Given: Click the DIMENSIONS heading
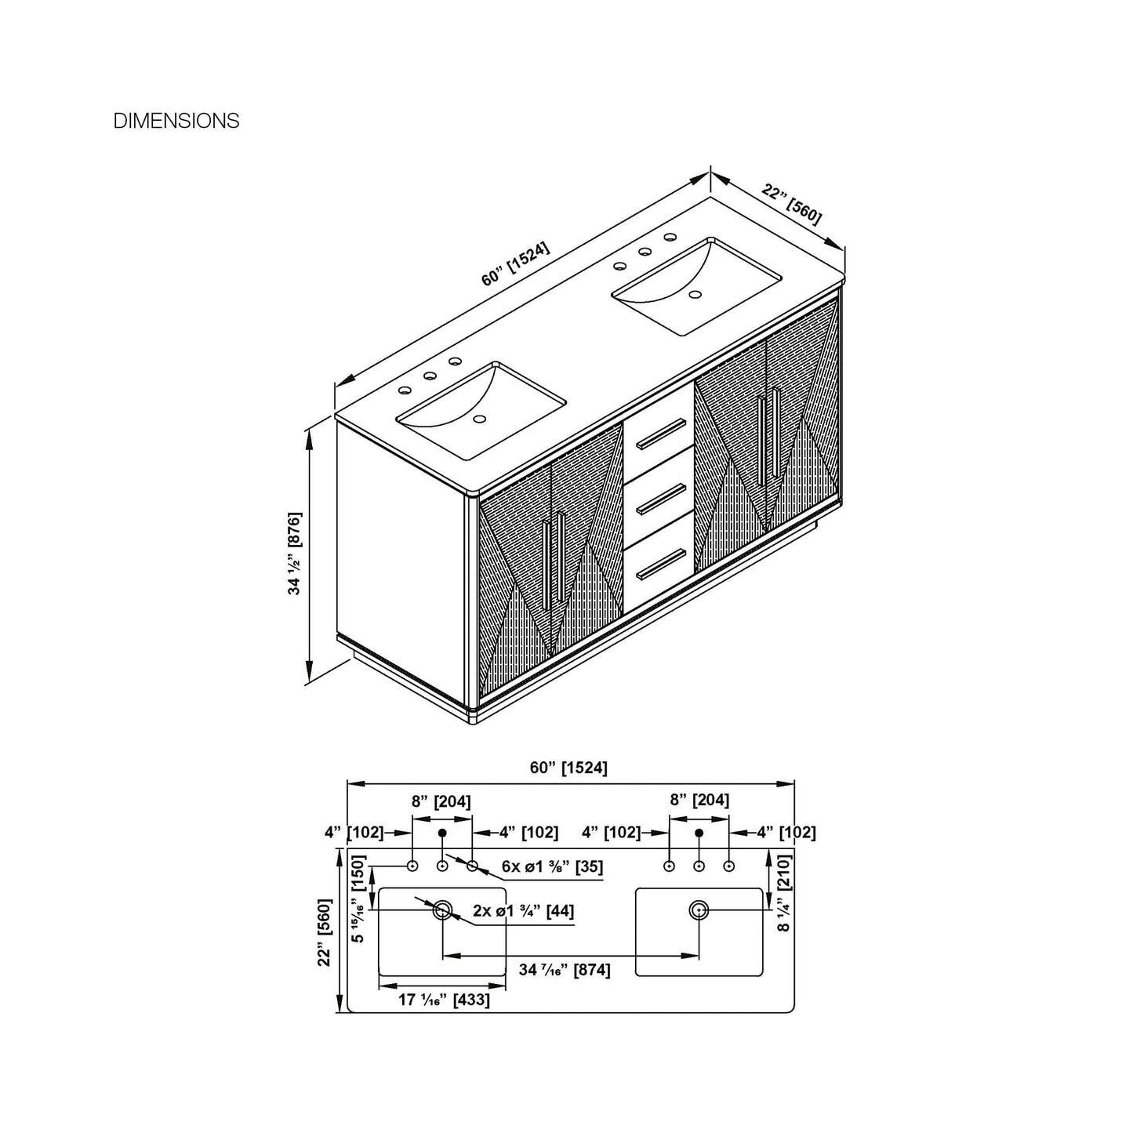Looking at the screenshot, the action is [x=176, y=121].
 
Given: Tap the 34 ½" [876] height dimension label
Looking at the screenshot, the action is [x=295, y=554].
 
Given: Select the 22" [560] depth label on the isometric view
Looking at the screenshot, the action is [x=791, y=204].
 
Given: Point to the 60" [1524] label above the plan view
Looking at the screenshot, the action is [x=568, y=768].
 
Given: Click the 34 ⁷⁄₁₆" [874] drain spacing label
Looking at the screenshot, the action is [x=565, y=970].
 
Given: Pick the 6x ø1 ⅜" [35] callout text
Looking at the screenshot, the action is [x=552, y=866].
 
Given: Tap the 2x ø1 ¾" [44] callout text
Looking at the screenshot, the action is [x=523, y=911].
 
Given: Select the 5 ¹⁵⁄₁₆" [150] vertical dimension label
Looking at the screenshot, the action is [x=358, y=899].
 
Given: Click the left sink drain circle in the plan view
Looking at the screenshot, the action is [x=442, y=910].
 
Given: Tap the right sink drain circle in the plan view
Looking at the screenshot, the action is [x=699, y=910].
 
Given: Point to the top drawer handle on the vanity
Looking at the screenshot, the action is [x=662, y=434].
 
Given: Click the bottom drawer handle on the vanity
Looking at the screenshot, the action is [x=662, y=565].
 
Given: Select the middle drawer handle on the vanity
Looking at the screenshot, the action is [x=662, y=499].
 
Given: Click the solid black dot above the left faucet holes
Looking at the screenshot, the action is [x=442, y=833].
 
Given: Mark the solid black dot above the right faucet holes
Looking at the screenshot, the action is [x=699, y=833].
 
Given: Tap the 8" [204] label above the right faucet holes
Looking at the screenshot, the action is [x=699, y=800].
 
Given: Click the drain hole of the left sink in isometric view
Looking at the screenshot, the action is [x=480, y=419].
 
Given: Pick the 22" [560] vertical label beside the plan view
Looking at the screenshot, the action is [x=325, y=932].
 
